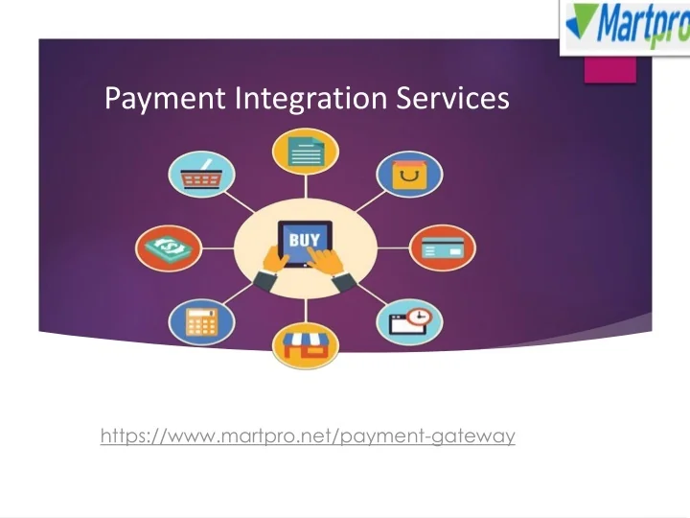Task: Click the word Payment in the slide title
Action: pyautogui.click(x=151, y=98)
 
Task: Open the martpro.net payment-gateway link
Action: pyautogui.click(x=308, y=437)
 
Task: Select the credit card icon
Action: pyautogui.click(x=441, y=248)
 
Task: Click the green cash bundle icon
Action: pyautogui.click(x=169, y=248)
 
